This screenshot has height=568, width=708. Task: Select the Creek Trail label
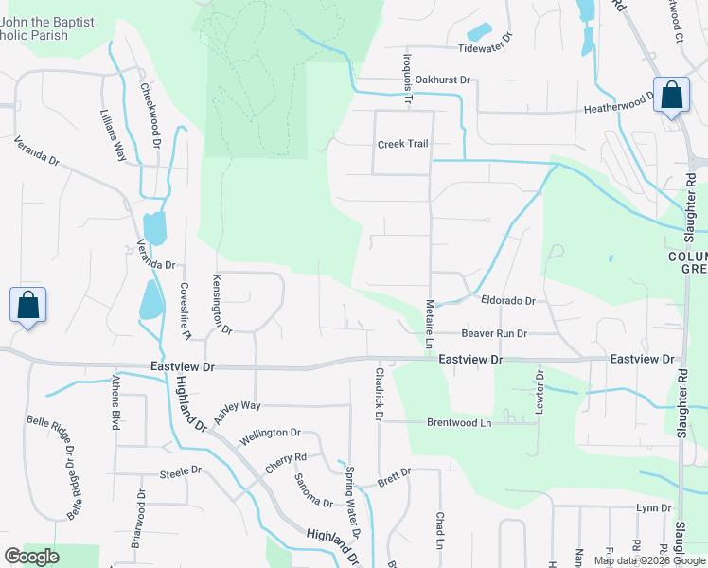click(402, 144)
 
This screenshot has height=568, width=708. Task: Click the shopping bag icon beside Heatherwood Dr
click(671, 96)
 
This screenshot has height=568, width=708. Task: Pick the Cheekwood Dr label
click(150, 115)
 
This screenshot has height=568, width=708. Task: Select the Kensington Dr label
click(221, 305)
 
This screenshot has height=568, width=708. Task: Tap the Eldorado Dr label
click(508, 301)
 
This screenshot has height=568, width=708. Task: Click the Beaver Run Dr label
click(493, 333)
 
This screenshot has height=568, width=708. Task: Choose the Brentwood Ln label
click(459, 422)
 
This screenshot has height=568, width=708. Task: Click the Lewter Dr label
click(540, 388)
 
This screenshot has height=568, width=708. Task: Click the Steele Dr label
click(181, 470)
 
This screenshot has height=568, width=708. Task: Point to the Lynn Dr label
click(653, 508)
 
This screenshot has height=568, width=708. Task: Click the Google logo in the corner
click(31, 557)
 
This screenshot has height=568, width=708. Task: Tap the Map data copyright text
click(649, 560)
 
